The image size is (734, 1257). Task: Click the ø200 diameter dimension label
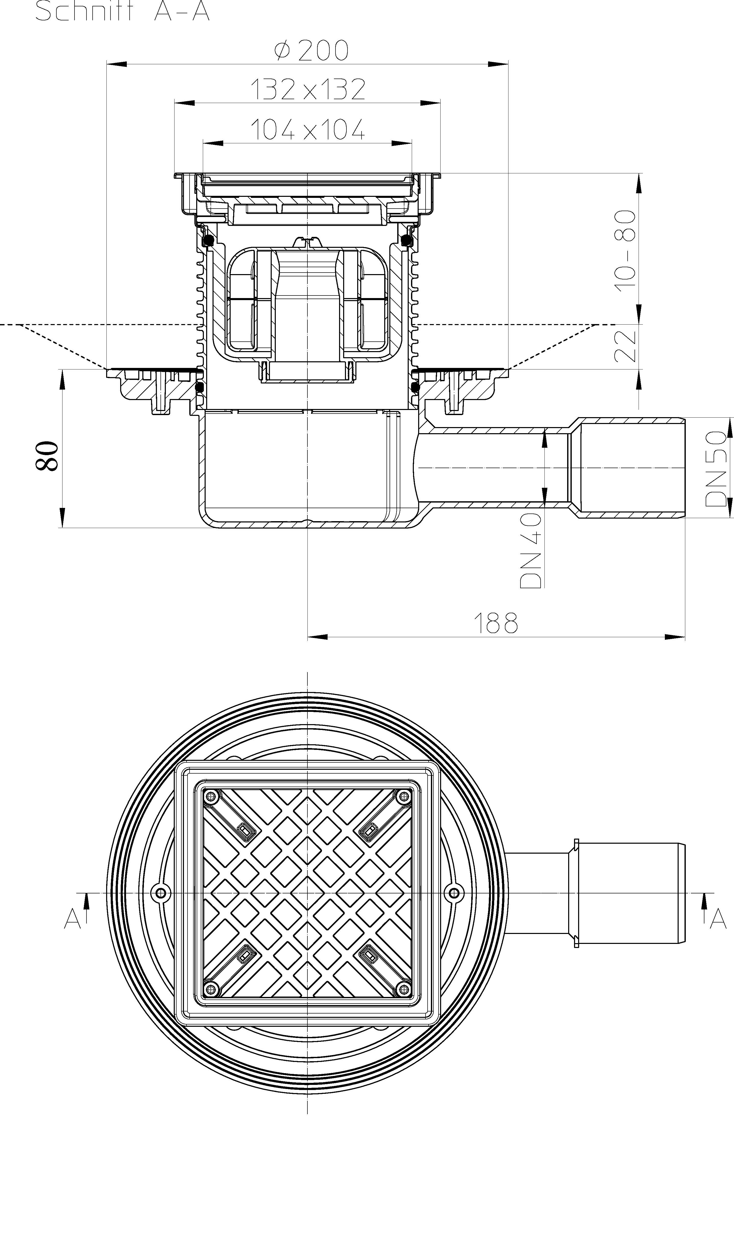(311, 50)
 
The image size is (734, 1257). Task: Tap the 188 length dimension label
(495, 623)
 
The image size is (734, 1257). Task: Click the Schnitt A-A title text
(122, 11)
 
